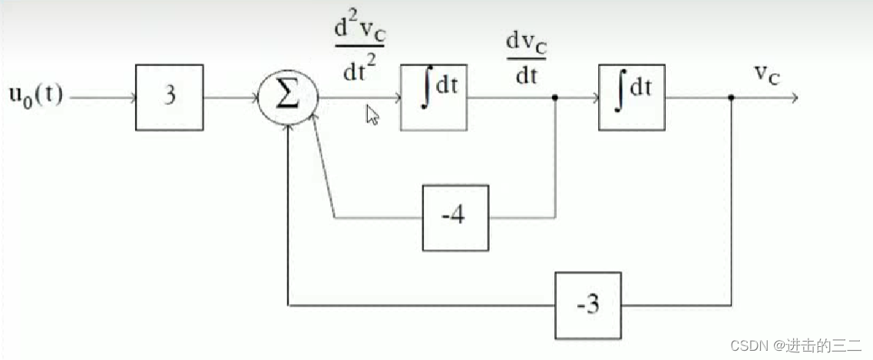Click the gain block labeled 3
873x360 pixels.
[x=170, y=97]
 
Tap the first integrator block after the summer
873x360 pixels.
[x=434, y=97]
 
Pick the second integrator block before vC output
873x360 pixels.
[x=632, y=97]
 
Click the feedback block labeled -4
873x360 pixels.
[x=455, y=217]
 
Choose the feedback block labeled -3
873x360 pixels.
[x=588, y=305]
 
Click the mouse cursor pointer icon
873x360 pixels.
[x=372, y=115]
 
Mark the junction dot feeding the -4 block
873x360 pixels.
[x=555, y=98]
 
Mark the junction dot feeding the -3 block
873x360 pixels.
[x=731, y=98]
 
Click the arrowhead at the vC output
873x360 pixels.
[x=795, y=98]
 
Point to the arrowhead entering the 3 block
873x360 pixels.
[x=131, y=98]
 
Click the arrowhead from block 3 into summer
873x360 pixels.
[x=253, y=98]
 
